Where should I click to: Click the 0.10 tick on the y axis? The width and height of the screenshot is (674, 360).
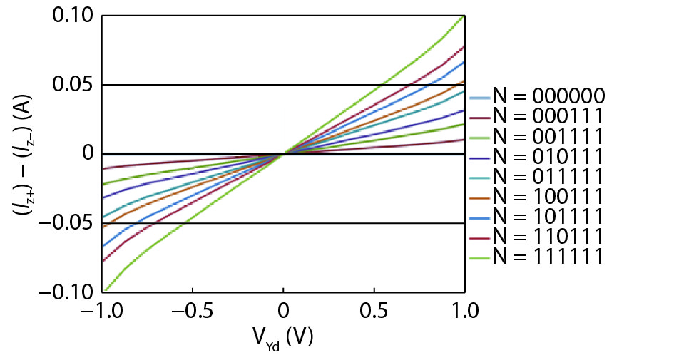pos(73,16)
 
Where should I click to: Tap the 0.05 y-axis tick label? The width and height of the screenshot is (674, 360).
pos(73,85)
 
